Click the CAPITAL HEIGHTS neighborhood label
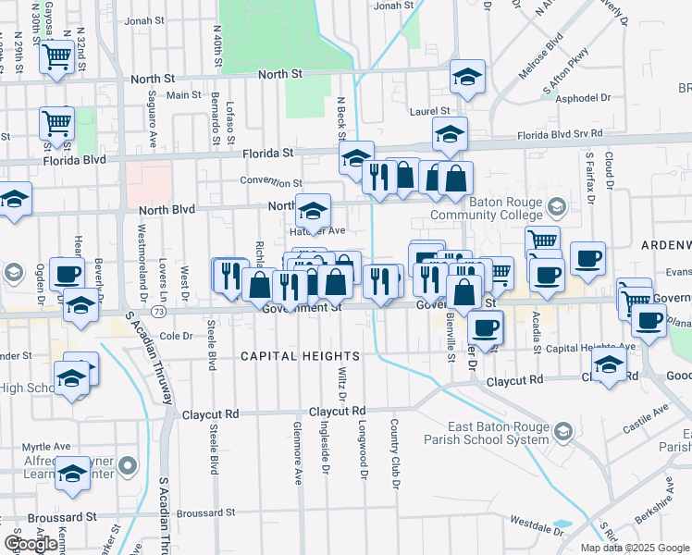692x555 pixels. (287, 356)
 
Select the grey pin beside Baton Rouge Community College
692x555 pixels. (555, 204)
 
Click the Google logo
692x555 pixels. (32, 544)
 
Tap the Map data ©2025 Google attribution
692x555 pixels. (635, 548)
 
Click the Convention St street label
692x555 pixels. (271, 182)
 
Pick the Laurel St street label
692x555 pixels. (429, 112)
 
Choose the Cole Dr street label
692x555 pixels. (175, 337)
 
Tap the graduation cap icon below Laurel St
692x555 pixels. (450, 135)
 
